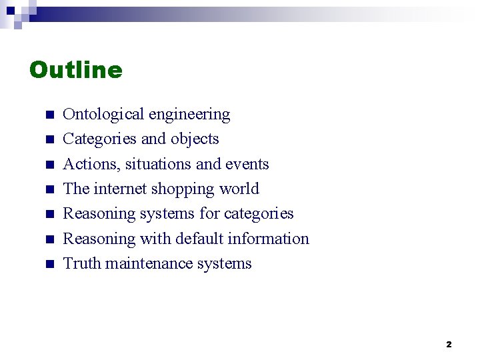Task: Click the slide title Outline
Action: (x=76, y=70)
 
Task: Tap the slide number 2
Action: (x=449, y=345)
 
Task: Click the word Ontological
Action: (x=103, y=115)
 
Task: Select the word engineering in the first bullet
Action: (x=189, y=115)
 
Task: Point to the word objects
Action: (x=195, y=139)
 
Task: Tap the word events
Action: (x=247, y=164)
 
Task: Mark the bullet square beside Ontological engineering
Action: (x=49, y=115)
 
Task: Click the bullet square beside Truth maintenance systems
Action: (x=49, y=264)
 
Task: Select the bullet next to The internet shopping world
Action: (x=49, y=190)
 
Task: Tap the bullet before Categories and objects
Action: (x=49, y=140)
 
